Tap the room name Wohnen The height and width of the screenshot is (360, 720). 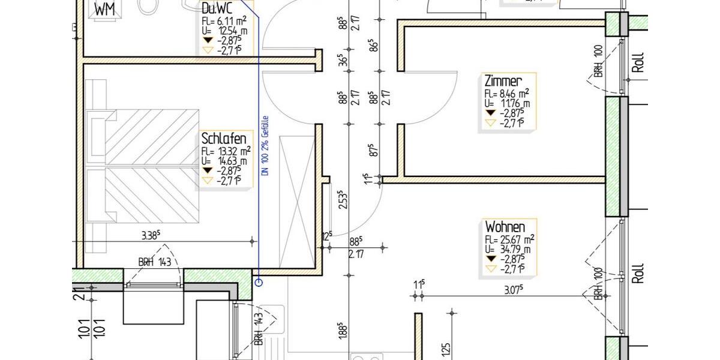[505, 227]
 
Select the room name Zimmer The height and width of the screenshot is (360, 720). [503, 81]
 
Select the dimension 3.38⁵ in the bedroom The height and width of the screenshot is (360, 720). [150, 236]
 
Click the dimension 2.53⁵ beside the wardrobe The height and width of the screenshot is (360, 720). [343, 199]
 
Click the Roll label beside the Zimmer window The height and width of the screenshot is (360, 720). [638, 61]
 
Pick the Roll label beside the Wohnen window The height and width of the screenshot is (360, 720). [638, 273]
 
